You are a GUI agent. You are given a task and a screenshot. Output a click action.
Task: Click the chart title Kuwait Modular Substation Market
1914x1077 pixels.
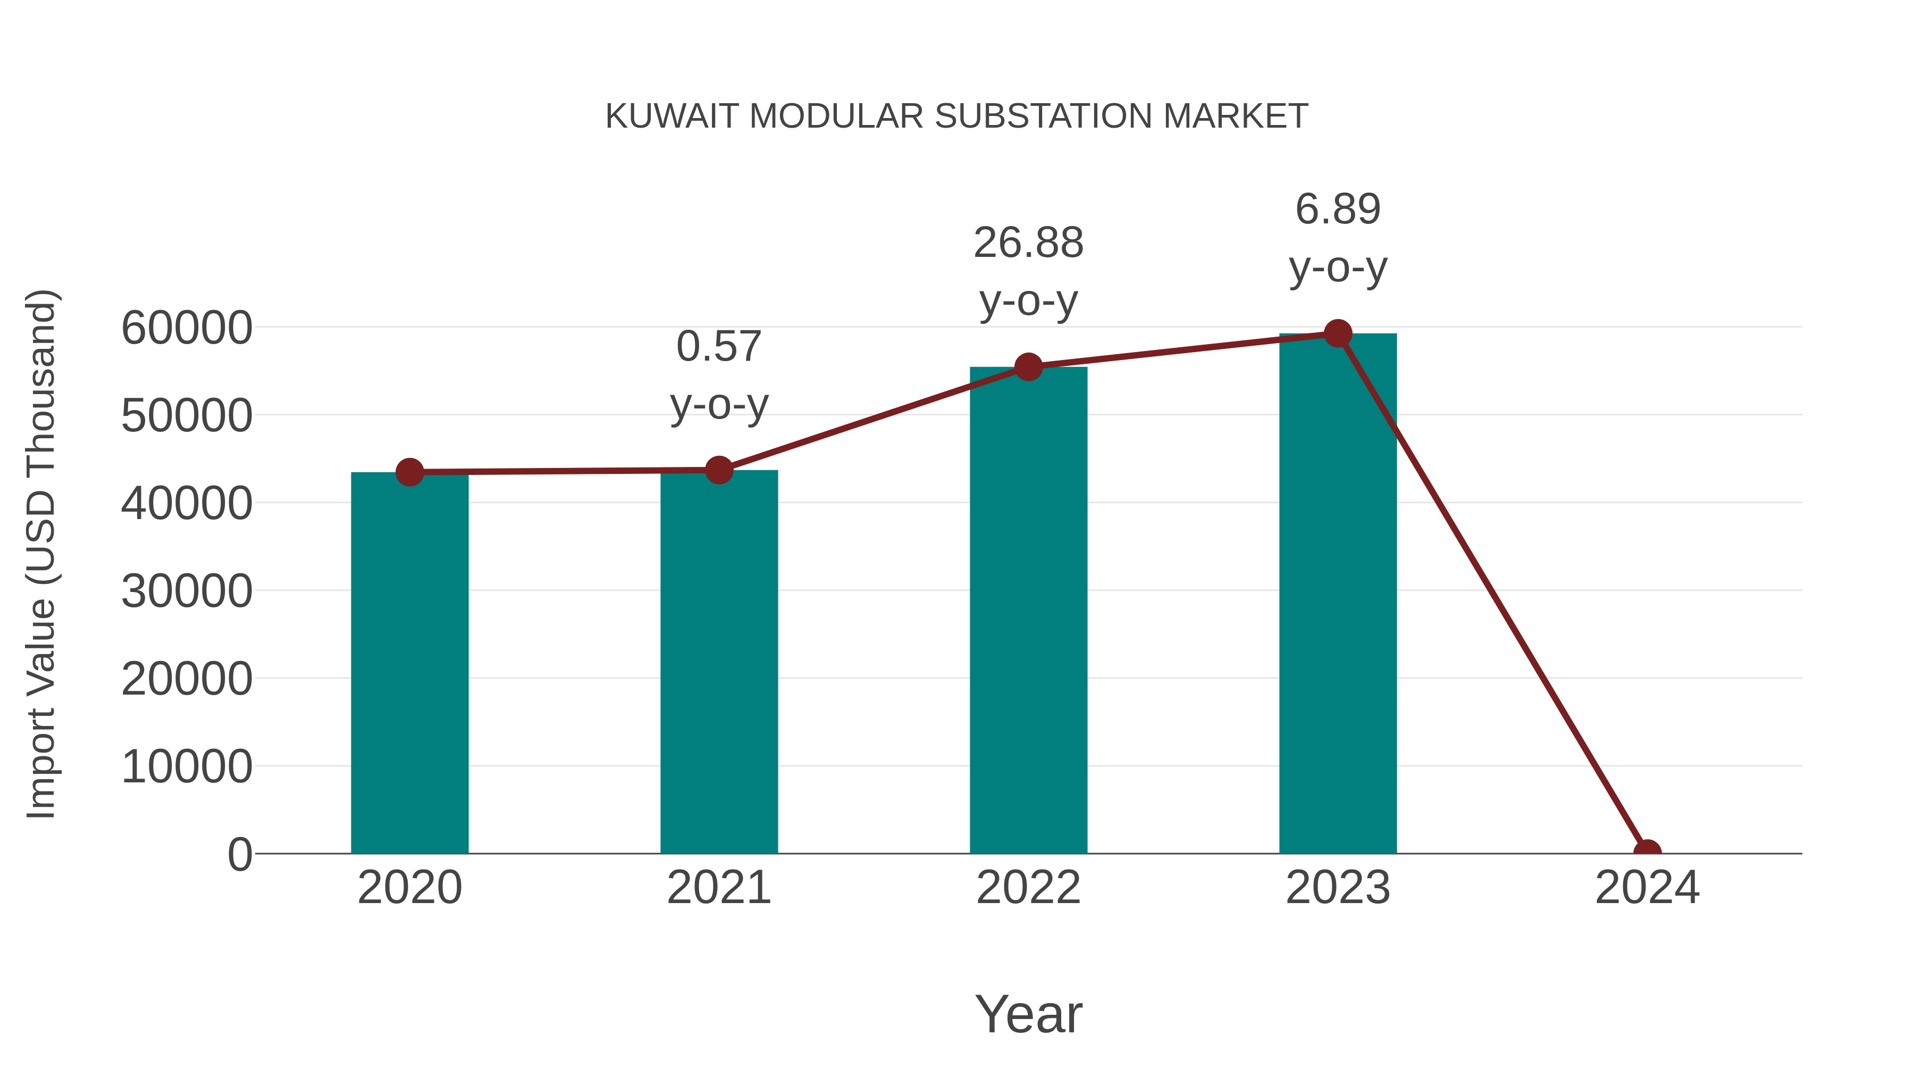[x=956, y=116]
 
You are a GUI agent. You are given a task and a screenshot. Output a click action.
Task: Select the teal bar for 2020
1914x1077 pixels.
[x=409, y=662]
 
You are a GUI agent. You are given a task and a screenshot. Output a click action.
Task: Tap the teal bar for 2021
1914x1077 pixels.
[x=718, y=662]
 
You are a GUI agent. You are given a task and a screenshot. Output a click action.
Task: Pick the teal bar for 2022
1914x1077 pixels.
[x=1028, y=610]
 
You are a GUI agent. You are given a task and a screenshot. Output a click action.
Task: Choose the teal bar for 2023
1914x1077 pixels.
[x=1338, y=595]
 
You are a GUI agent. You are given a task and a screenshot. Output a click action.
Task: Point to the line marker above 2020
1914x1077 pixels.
[x=409, y=472]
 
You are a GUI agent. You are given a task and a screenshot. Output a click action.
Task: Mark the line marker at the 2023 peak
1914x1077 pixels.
[x=1338, y=333]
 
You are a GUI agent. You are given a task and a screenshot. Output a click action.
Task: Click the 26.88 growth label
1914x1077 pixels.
[x=1028, y=243]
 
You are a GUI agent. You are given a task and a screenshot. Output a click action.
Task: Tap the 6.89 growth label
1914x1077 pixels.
[x=1338, y=209]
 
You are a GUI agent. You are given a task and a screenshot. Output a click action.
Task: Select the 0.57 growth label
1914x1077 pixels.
[x=718, y=346]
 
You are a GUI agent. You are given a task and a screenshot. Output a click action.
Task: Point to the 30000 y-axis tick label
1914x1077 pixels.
[x=187, y=591]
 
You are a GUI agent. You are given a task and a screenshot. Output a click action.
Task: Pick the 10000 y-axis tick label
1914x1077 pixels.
[x=187, y=767]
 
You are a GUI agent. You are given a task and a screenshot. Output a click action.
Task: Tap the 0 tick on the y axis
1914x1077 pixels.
[x=239, y=855]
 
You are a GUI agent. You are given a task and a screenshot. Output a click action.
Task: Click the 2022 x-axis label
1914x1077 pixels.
[x=1028, y=888]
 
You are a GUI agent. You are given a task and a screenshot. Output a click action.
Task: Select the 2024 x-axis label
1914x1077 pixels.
[x=1647, y=888]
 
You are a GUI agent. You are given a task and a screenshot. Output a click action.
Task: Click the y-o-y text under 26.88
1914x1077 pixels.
[x=1028, y=301]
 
